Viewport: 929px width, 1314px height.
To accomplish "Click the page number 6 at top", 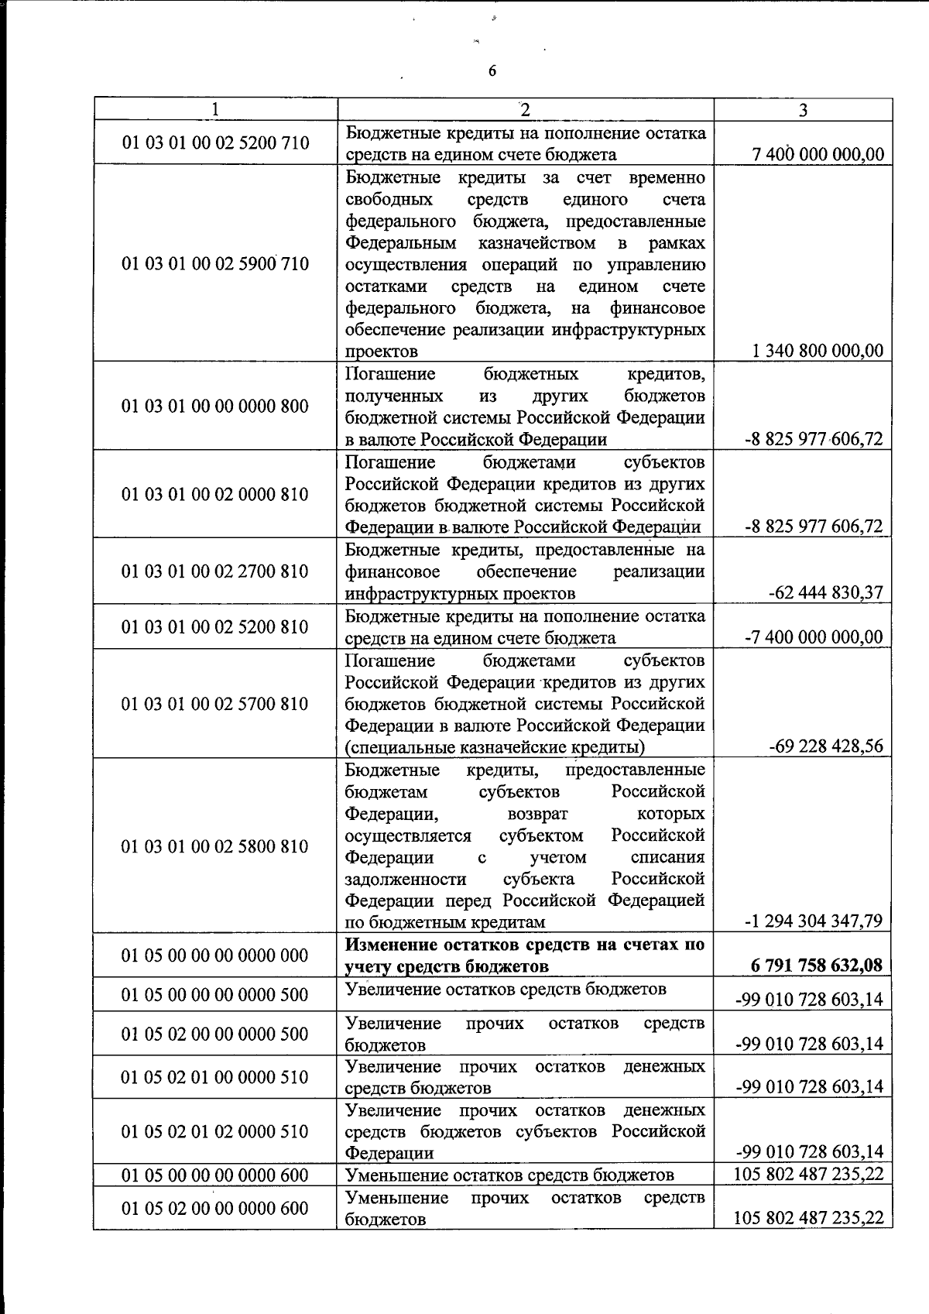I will coord(492,72).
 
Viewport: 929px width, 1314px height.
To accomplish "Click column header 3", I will coord(803,110).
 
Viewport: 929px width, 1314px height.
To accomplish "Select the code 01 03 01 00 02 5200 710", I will coord(215,142).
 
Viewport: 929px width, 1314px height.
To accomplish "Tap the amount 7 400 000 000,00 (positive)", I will coord(818,154).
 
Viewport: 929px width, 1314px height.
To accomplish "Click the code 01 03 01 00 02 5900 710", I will coord(215,264).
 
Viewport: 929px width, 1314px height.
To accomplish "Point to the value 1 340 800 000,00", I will coord(818,351).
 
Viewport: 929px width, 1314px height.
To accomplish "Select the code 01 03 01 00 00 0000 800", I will coord(215,406).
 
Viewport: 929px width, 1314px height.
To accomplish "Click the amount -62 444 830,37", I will coord(826,593).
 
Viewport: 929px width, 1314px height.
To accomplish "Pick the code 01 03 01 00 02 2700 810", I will coord(215,571).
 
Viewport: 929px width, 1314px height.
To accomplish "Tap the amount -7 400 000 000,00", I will coord(814,637).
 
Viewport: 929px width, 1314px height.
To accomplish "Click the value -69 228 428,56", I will coord(826,746).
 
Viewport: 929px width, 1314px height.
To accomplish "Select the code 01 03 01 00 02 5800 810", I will coord(215,846).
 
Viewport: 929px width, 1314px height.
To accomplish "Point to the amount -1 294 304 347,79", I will coord(814,921).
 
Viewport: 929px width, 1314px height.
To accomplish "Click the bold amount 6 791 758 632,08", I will coord(817,966).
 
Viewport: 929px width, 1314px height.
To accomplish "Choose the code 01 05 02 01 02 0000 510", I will coord(215,1131).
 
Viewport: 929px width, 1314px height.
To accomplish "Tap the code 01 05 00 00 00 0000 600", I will coord(215,1175).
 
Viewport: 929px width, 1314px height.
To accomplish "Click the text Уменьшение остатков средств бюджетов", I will coord(509,1175).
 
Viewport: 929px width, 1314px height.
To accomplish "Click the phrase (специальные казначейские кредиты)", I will coord(495,747).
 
